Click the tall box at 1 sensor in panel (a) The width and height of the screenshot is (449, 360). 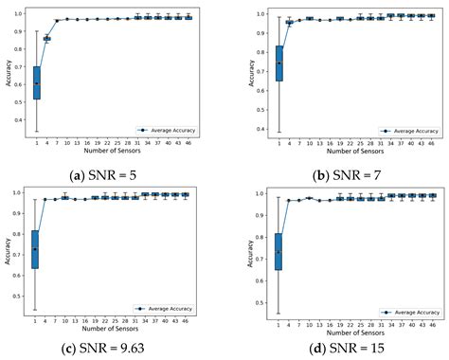pos(36,83)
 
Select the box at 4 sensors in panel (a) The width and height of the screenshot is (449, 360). pos(47,39)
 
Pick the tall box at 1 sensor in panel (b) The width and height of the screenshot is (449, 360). pos(252,63)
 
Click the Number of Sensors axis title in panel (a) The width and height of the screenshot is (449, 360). pos(111,151)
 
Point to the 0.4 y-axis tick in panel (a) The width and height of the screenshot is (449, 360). pos(20,120)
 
